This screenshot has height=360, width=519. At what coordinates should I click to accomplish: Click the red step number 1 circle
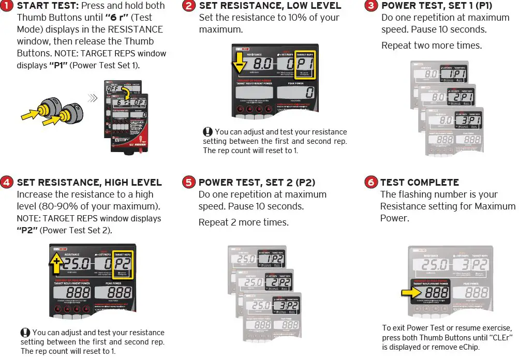click(x=8, y=6)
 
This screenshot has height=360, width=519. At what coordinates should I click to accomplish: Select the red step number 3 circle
click(x=371, y=6)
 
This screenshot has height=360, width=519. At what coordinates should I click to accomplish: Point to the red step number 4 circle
click(x=7, y=183)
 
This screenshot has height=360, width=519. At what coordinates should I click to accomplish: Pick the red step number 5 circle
click(x=189, y=183)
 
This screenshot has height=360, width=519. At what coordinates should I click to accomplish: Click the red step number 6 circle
click(x=371, y=183)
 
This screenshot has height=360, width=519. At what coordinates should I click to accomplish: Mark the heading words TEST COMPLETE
click(x=419, y=183)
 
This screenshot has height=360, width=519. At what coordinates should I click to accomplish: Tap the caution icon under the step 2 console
click(x=208, y=132)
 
